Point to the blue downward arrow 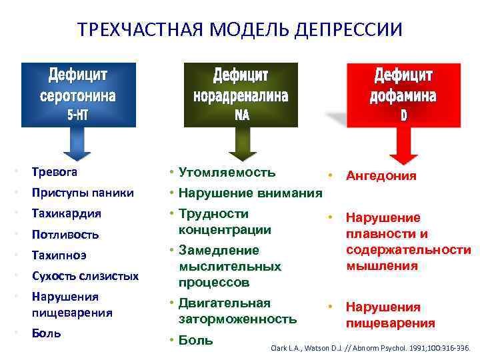click(x=79, y=143)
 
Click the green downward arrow click(x=241, y=143)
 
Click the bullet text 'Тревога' click(x=54, y=172)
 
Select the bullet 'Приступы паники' click(x=83, y=193)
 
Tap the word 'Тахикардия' click(x=66, y=214)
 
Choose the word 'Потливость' click(x=65, y=235)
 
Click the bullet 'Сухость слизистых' click(x=85, y=275)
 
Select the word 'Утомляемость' click(x=227, y=173)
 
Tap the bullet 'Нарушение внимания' click(x=250, y=193)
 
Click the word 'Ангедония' click(x=381, y=176)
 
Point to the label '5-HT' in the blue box click(x=79, y=115)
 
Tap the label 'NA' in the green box click(x=241, y=115)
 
